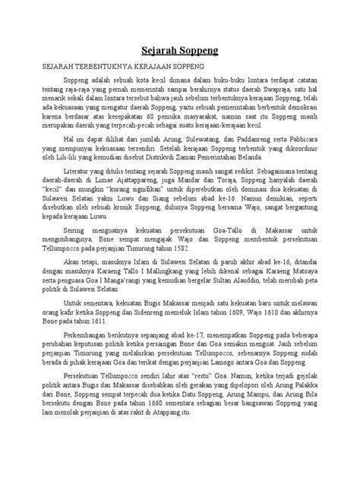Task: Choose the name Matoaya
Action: [297, 292]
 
